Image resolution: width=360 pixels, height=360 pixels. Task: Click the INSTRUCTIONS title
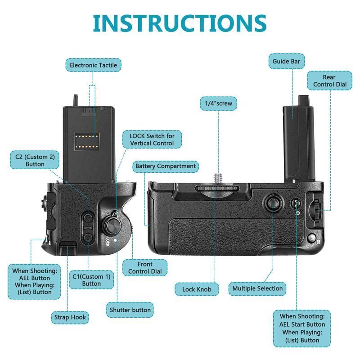[180, 23]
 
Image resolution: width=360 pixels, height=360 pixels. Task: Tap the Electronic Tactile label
[93, 65]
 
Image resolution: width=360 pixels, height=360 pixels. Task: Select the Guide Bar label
[286, 61]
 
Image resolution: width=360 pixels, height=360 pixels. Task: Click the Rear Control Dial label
[329, 81]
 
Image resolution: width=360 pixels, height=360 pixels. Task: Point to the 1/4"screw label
[218, 103]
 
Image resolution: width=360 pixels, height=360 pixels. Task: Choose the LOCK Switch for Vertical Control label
[152, 139]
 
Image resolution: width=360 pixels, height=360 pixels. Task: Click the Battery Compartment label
[166, 166]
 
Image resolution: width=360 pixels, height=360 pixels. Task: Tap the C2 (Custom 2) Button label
[35, 160]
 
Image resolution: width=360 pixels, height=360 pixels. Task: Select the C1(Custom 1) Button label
[91, 280]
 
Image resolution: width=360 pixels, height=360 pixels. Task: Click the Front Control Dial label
[145, 268]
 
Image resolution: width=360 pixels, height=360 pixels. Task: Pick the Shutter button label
[130, 310]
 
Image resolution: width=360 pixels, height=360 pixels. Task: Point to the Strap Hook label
[70, 317]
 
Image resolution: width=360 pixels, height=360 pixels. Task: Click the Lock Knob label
[197, 289]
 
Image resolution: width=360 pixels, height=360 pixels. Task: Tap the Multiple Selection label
[257, 288]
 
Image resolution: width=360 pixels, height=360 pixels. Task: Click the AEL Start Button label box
[302, 328]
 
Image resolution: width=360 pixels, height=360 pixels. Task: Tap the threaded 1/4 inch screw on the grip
[217, 180]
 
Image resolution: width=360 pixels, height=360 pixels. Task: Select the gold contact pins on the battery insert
[87, 141]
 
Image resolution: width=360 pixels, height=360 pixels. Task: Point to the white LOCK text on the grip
[108, 242]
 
